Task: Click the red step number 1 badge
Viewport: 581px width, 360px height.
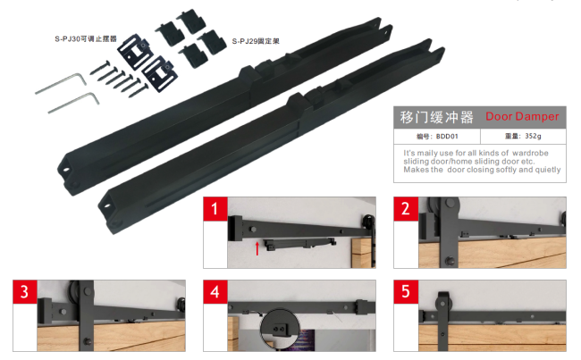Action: (215, 209)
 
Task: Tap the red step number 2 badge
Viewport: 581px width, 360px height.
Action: (406, 209)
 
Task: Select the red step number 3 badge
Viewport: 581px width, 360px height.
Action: (25, 292)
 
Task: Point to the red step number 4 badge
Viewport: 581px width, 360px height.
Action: (215, 292)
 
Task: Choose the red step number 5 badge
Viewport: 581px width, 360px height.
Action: (406, 292)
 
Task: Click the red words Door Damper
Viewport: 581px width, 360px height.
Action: (522, 116)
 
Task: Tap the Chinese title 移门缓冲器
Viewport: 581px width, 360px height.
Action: (436, 117)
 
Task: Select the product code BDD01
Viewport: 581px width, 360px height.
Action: (447, 137)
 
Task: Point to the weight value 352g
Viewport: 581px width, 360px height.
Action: (533, 136)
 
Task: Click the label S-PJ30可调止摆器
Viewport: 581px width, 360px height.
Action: (86, 39)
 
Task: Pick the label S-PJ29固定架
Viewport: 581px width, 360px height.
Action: (256, 41)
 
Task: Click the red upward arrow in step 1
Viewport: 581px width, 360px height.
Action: (257, 248)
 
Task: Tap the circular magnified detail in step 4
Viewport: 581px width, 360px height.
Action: (280, 329)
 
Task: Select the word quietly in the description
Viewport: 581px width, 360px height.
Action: (548, 170)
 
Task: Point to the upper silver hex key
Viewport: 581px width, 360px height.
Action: (62, 83)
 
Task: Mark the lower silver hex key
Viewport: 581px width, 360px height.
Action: (74, 102)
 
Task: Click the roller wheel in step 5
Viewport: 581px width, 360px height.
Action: (443, 301)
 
